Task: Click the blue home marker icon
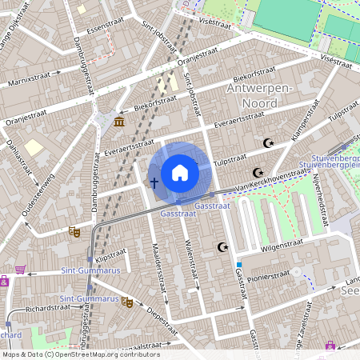tap(180, 173)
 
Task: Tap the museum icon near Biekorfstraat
tap(119, 121)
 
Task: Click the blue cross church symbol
tap(154, 182)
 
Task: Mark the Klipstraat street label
tap(111, 258)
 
